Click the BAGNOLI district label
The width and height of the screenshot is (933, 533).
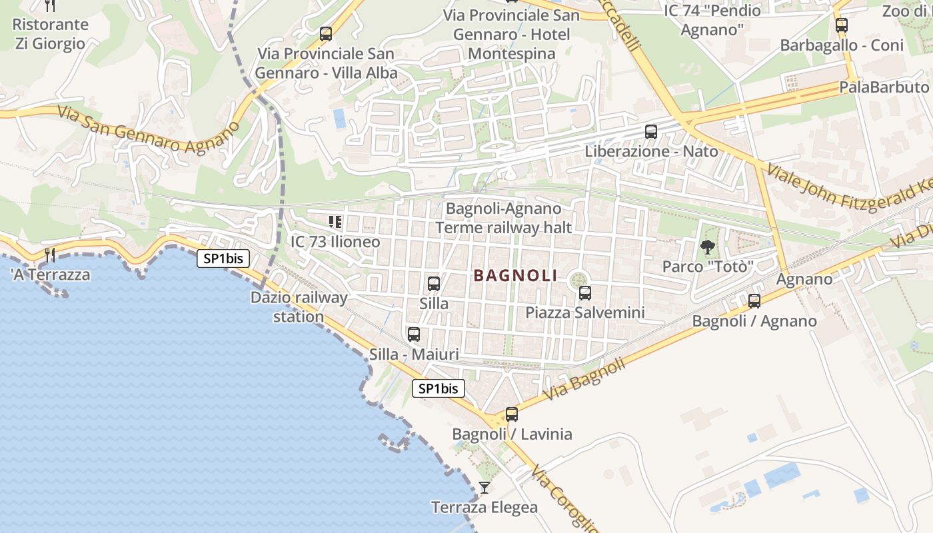[x=515, y=275]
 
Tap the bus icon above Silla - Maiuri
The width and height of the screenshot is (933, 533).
[x=414, y=334]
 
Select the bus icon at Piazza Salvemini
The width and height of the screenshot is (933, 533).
[x=585, y=292]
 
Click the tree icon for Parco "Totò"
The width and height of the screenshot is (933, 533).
[x=707, y=247]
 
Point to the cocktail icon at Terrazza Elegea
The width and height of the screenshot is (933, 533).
[x=484, y=488]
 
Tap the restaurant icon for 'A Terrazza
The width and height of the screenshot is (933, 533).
[x=49, y=255]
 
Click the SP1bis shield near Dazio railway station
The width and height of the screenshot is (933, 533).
[x=223, y=259]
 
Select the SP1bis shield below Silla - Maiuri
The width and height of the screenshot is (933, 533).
[x=438, y=388]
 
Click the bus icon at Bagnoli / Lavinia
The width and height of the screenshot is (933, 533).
[x=512, y=414]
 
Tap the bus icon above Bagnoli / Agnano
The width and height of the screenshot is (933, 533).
[x=754, y=301]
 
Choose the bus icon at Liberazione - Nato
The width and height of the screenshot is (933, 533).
[x=651, y=132]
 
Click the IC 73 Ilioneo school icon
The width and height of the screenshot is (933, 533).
[x=335, y=222]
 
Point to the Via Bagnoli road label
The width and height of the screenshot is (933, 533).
[x=585, y=378]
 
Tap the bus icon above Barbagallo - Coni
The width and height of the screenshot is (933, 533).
[x=842, y=25]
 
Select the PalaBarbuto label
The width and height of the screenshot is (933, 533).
[x=884, y=87]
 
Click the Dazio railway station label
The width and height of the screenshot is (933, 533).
[x=299, y=306]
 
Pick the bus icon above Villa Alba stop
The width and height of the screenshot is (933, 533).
[x=326, y=34]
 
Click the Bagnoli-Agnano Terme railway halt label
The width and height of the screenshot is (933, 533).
[x=504, y=218]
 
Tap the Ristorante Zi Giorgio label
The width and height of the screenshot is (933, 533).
[x=50, y=34]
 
